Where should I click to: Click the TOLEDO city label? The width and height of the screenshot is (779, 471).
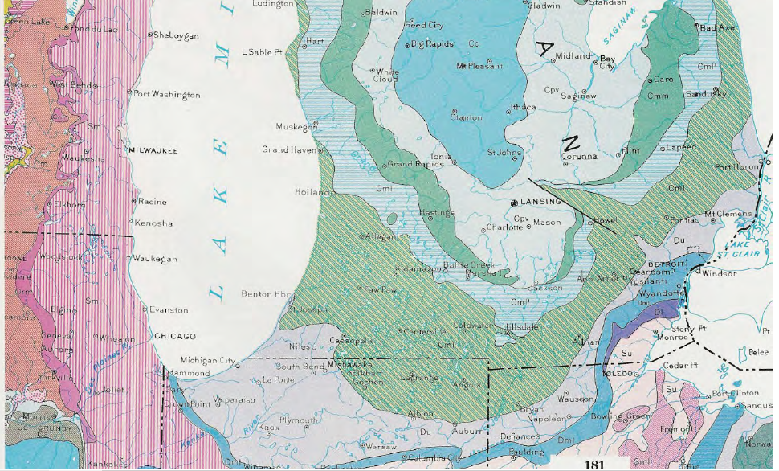(x=618, y=375)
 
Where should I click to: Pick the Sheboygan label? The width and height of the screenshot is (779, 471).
(x=173, y=35)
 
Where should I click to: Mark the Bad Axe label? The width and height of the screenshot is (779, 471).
(x=716, y=27)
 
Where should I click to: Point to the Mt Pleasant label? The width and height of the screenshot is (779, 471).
(x=483, y=66)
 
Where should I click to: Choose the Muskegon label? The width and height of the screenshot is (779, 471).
(x=292, y=127)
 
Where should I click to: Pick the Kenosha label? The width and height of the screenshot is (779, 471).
(x=153, y=223)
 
